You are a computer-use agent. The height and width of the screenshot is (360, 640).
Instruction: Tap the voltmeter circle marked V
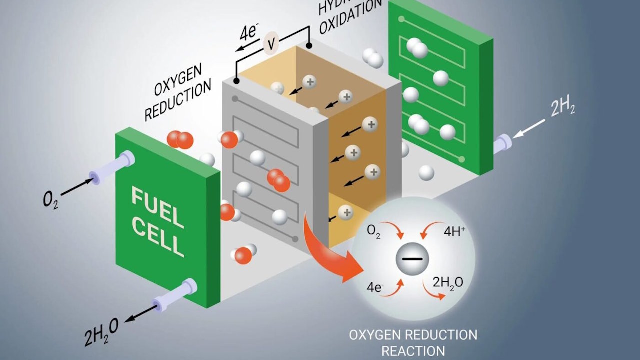coord(271,44)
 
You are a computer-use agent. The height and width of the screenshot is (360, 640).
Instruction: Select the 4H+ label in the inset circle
coord(454,232)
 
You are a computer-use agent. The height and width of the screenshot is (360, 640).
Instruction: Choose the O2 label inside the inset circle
coord(373,232)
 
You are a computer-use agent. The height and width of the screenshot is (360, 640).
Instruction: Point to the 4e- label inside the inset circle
coord(374,288)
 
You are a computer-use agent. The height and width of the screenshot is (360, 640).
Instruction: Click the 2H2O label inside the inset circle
coord(447,282)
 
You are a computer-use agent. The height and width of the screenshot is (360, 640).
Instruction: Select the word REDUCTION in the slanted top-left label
coord(178,103)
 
